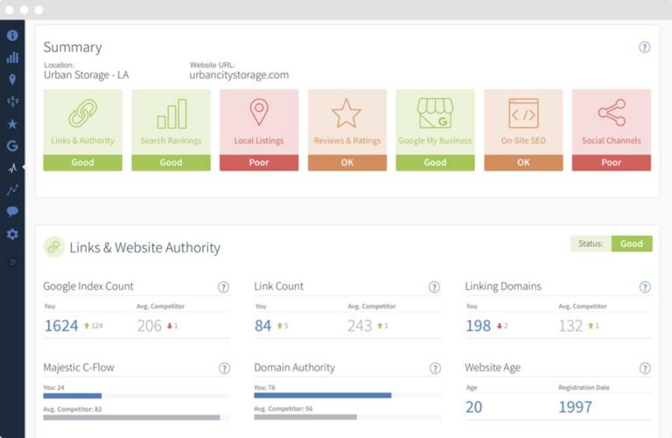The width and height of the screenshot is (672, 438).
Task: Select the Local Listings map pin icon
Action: [x=258, y=112]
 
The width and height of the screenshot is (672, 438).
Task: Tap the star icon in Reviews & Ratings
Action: [x=346, y=113]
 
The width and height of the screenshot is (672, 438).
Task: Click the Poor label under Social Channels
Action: [x=611, y=162]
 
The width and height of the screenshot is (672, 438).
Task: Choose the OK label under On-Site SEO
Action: [x=523, y=162]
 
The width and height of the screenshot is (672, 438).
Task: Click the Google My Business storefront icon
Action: [x=435, y=113]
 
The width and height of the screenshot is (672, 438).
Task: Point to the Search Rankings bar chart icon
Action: [x=171, y=113]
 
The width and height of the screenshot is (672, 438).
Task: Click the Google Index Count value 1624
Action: [x=61, y=326]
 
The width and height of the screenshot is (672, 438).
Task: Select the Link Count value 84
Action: [x=263, y=326]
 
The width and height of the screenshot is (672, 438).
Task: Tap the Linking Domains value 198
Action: [x=478, y=326]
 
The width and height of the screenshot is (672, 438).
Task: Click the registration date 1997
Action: [x=575, y=407]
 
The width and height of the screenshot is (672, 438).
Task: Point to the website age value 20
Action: [x=473, y=407]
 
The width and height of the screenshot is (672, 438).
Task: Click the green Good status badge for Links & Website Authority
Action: [x=631, y=244]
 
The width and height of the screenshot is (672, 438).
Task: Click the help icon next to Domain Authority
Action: [x=434, y=369]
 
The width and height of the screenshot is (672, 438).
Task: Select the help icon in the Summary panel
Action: [x=645, y=48]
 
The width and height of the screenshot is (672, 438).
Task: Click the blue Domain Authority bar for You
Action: [x=322, y=395]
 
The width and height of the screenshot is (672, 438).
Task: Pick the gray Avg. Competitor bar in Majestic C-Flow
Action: [x=131, y=417]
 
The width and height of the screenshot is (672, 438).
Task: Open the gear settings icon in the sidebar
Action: [x=12, y=234]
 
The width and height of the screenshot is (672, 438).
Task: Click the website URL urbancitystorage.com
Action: [x=239, y=75]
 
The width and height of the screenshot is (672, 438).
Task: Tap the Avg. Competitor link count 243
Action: [x=360, y=326]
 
